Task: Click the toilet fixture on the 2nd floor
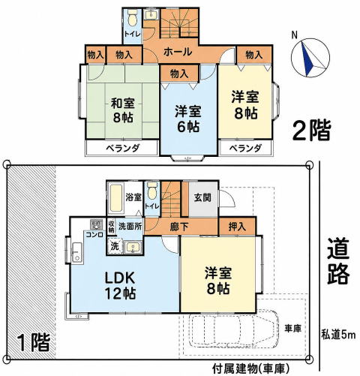133,17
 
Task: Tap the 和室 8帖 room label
123,110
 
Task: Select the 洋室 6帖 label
188,119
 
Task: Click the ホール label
178,52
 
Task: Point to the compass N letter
295,35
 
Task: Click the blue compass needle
307,59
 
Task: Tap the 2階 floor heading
312,130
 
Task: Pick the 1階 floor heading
34,342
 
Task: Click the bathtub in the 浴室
116,198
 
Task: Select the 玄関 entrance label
202,197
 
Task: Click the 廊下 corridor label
179,227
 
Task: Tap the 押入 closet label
237,227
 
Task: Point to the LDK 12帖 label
120,285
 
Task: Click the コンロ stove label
94,235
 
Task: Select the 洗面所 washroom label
130,227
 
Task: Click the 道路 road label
338,261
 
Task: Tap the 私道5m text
338,335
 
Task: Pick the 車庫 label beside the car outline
292,329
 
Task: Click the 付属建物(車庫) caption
250,368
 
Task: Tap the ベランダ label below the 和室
122,148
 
